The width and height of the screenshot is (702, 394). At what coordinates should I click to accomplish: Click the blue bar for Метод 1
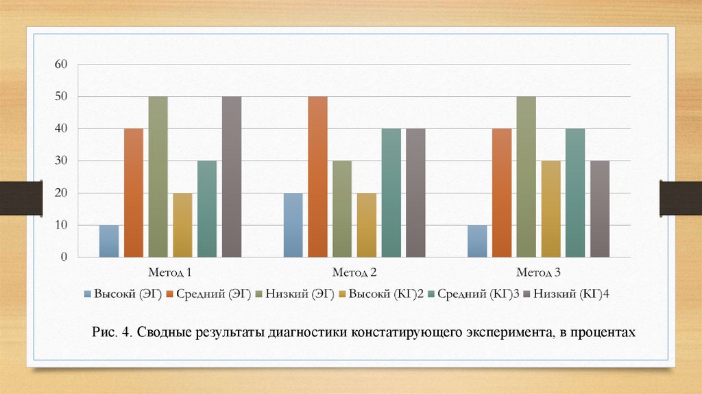coord(109,241)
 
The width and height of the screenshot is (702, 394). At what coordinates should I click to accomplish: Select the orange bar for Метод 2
coord(317,176)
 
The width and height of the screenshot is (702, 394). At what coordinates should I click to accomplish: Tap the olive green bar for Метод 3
coord(526,176)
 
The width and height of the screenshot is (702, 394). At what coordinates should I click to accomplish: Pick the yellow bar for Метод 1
coord(182,225)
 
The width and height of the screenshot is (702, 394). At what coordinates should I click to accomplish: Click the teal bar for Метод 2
coord(391,193)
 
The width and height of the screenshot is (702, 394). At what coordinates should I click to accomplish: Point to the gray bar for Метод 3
coord(600,209)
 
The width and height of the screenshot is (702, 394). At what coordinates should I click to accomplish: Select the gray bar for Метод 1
coord(232,176)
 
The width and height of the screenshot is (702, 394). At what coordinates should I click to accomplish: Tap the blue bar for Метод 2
coord(293,225)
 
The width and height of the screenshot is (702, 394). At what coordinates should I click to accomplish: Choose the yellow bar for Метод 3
coord(550,209)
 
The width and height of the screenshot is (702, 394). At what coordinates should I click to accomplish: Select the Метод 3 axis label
coord(538,273)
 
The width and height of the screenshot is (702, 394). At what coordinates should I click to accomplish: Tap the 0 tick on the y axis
coord(64,257)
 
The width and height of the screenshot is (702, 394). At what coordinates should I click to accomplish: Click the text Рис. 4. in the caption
coord(112,333)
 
